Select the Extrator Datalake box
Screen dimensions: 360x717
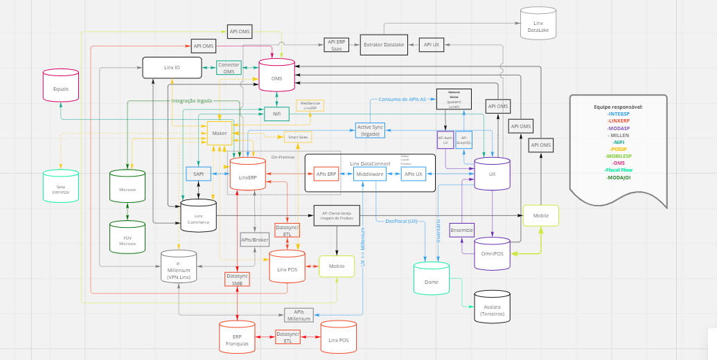click(x=384, y=44)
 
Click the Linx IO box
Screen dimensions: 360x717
click(x=172, y=67)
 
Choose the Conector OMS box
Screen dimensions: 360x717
click(x=229, y=68)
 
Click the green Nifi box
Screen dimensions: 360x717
click(x=276, y=114)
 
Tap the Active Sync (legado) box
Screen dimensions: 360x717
click(x=370, y=130)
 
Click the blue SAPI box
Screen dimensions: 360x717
click(x=198, y=173)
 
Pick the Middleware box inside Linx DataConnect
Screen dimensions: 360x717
click(x=369, y=174)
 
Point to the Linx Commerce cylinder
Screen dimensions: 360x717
click(x=198, y=216)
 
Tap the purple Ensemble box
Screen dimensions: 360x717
click(x=461, y=230)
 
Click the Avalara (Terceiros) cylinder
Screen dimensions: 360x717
click(x=492, y=307)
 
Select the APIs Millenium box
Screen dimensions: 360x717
click(x=303, y=315)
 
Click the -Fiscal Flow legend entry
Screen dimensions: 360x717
click(x=618, y=170)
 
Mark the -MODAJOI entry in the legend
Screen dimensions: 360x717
click(x=618, y=177)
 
